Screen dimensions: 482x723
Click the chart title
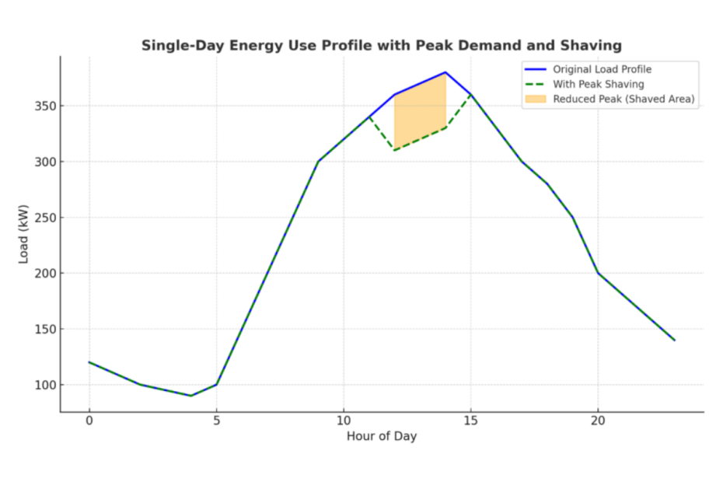click(x=381, y=46)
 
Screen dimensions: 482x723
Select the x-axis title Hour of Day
click(x=381, y=436)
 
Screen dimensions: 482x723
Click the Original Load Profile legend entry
click(x=602, y=70)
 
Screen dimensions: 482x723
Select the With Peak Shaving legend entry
click(x=598, y=84)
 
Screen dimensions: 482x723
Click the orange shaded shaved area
click(x=420, y=113)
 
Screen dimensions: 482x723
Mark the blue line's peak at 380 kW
click(x=445, y=72)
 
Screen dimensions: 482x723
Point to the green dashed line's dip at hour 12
click(x=395, y=150)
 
